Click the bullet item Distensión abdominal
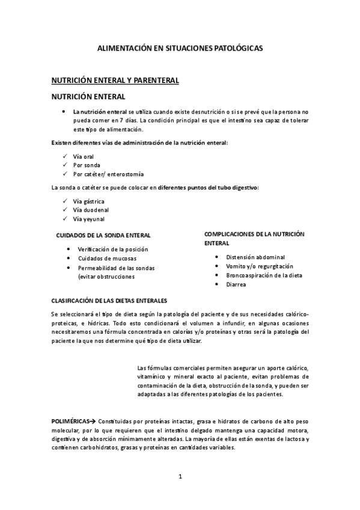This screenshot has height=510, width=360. click(x=255, y=257)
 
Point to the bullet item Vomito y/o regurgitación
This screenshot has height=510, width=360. click(x=260, y=266)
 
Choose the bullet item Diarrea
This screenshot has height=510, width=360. click(x=236, y=284)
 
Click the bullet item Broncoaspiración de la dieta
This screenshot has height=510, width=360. click(x=264, y=275)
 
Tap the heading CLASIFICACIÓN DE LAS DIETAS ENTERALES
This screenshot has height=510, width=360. click(x=109, y=300)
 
